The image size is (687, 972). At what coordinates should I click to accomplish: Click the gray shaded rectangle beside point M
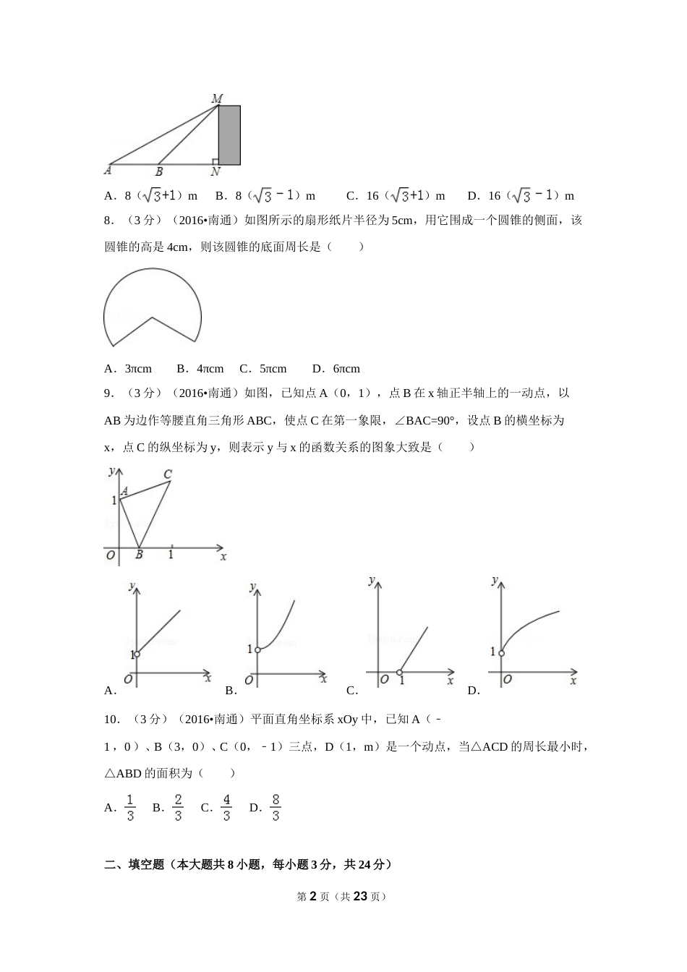click(229, 135)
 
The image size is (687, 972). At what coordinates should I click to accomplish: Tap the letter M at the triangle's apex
click(216, 98)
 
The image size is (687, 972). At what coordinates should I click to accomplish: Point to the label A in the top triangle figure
click(108, 171)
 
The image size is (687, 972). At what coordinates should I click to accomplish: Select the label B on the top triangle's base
click(159, 171)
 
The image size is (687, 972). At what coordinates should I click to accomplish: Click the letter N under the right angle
click(216, 172)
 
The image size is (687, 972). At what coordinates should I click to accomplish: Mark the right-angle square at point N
click(216, 161)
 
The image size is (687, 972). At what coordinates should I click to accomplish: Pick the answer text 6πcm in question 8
click(346, 369)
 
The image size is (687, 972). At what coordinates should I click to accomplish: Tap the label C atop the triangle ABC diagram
click(168, 474)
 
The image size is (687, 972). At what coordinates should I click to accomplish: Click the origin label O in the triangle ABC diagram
click(111, 555)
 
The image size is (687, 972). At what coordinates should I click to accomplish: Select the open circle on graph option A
click(137, 654)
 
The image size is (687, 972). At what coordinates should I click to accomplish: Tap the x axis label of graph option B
click(323, 678)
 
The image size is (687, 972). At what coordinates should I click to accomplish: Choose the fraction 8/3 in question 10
click(276, 808)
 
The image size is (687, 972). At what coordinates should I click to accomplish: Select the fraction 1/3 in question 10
click(130, 808)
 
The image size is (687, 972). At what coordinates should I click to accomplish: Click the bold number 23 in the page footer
click(361, 896)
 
